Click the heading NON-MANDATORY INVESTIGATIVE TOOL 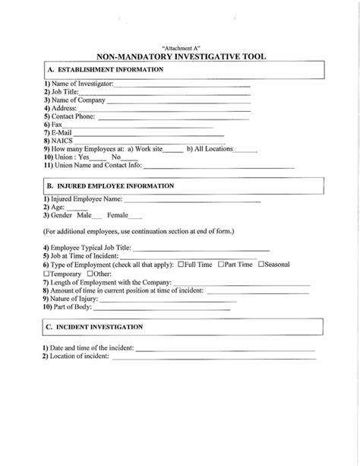coord(180,57)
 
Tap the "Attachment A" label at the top coord(180,47)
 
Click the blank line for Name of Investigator coord(182,85)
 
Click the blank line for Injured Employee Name coord(191,201)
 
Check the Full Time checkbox coord(182,265)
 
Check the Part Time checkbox coord(221,265)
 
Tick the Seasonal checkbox coord(261,265)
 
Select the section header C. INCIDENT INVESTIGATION coord(95,327)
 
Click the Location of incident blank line coord(213,357)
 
